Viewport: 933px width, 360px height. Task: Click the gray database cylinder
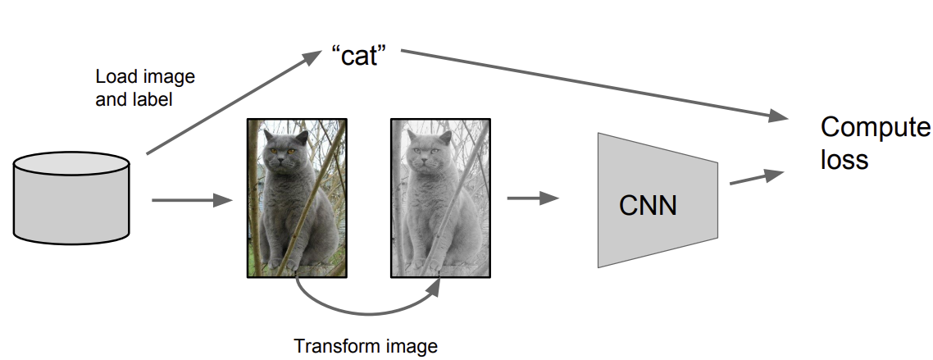[71, 198]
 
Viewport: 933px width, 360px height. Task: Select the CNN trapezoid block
[658, 200]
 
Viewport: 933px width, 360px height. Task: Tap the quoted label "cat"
[359, 56]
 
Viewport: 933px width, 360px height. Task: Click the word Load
[115, 77]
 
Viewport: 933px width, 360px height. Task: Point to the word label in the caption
[153, 99]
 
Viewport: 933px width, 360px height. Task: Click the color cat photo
[297, 198]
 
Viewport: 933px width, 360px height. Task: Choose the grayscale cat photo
[440, 198]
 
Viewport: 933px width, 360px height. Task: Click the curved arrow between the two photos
[365, 312]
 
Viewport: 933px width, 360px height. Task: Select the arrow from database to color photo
[192, 200]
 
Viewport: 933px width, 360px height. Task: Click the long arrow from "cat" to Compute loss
[594, 85]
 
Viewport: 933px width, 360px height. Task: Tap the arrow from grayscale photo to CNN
[533, 198]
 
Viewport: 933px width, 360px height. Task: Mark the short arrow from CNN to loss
[757, 177]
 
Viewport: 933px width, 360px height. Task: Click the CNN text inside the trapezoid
[648, 206]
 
